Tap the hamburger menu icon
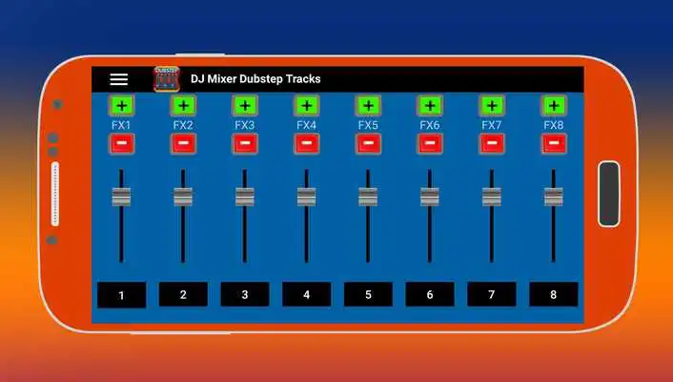[118, 79]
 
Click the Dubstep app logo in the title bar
[166, 79]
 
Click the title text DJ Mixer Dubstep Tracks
[255, 79]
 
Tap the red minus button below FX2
[183, 144]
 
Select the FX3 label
[245, 125]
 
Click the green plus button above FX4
[306, 106]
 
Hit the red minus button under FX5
[368, 144]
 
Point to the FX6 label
[430, 125]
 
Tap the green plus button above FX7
[491, 106]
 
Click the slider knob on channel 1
[121, 197]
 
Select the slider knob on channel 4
[306, 197]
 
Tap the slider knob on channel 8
[553, 197]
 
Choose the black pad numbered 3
[245, 294]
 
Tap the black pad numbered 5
[368, 294]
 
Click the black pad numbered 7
[491, 294]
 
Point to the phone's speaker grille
[55, 194]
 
